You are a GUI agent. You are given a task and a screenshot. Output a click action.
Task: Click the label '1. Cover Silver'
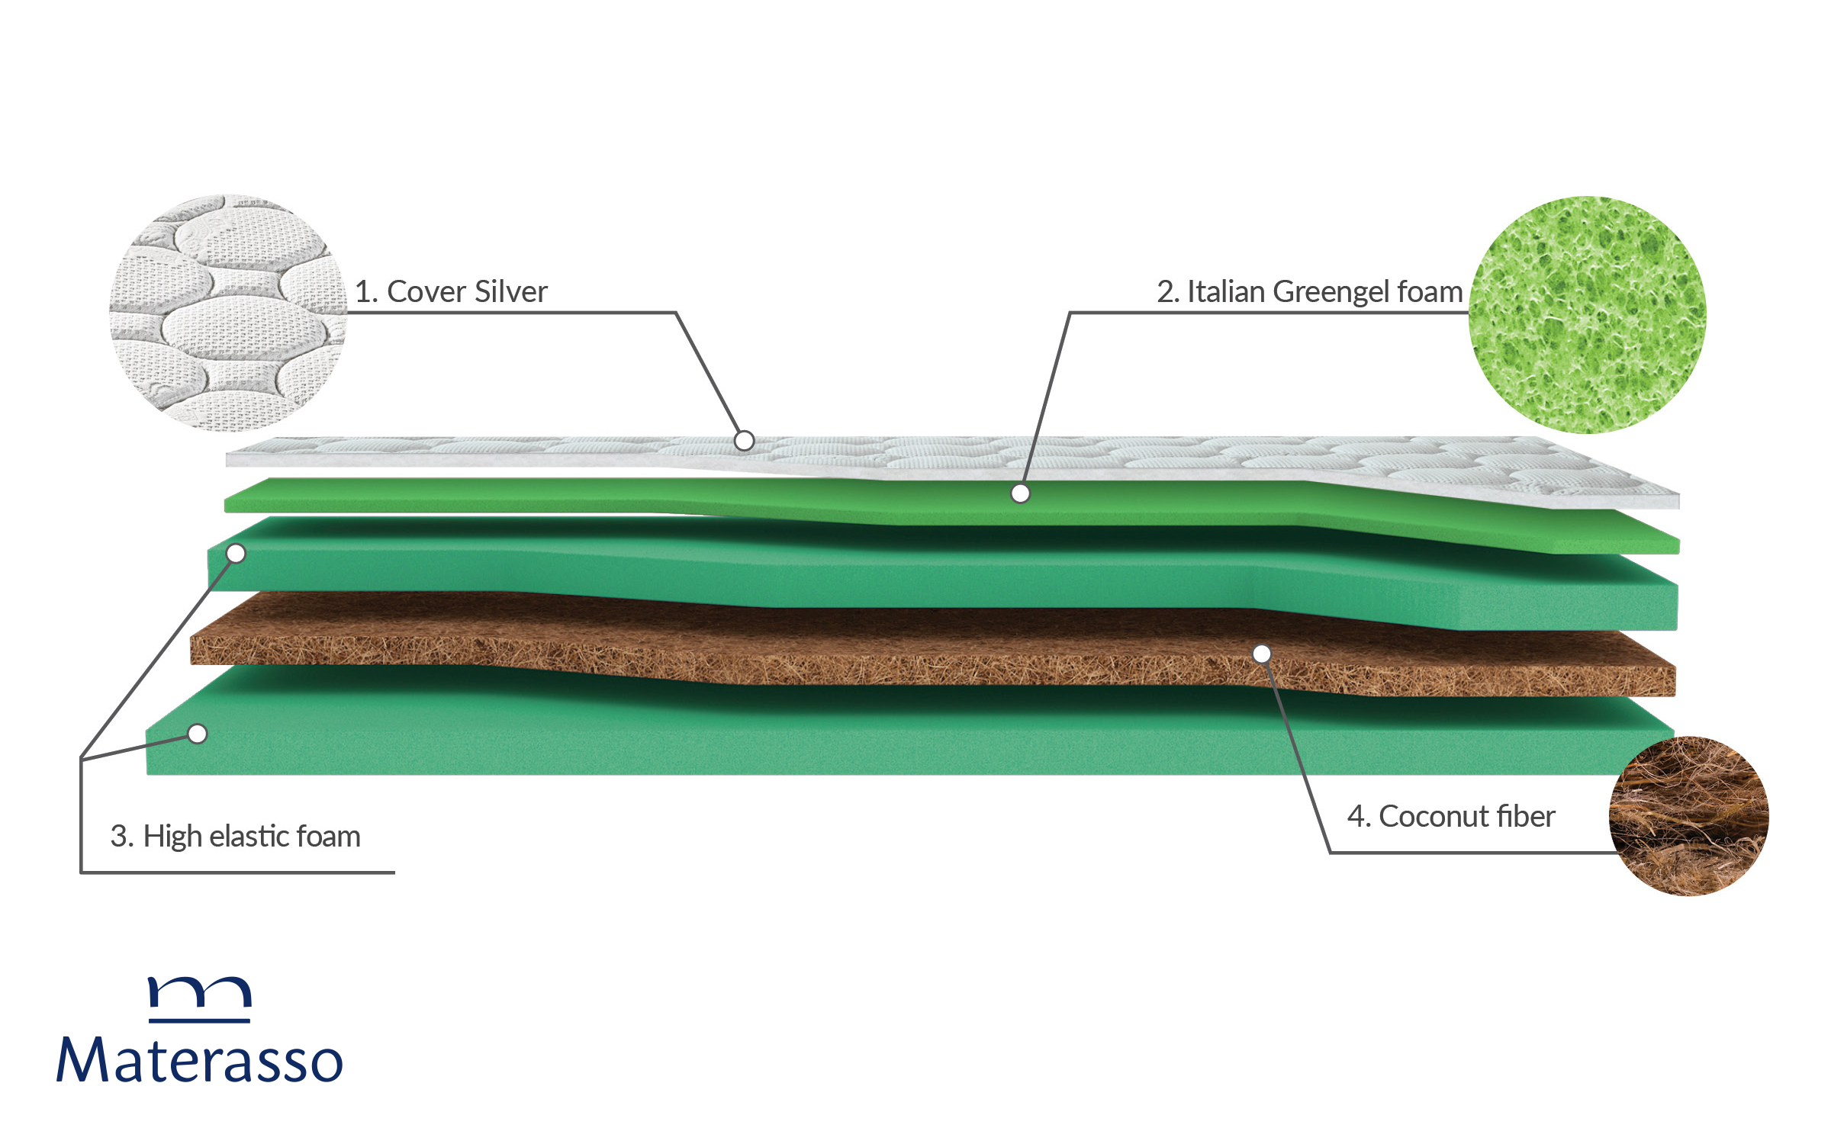[452, 292]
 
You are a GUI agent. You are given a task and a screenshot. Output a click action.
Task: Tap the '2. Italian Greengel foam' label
[1309, 292]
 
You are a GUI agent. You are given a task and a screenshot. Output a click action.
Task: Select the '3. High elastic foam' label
[235, 837]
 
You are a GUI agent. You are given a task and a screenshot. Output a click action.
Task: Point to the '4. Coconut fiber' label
[1451, 817]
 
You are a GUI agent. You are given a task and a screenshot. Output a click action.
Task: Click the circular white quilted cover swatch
[228, 313]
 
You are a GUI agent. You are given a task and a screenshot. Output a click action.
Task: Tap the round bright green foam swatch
[1588, 315]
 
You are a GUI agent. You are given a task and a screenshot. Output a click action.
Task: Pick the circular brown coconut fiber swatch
[1688, 815]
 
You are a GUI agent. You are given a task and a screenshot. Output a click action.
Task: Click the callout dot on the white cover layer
[744, 441]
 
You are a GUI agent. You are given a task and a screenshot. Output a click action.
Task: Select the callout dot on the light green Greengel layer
[1020, 494]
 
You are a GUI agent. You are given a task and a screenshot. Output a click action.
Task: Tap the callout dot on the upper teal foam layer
[237, 554]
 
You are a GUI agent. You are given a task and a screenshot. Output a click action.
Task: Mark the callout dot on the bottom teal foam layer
[198, 734]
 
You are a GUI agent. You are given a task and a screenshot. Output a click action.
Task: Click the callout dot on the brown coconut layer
[1262, 654]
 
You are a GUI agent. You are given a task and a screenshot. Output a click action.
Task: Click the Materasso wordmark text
[200, 1060]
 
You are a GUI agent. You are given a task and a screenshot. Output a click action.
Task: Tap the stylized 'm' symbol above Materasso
[200, 998]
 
